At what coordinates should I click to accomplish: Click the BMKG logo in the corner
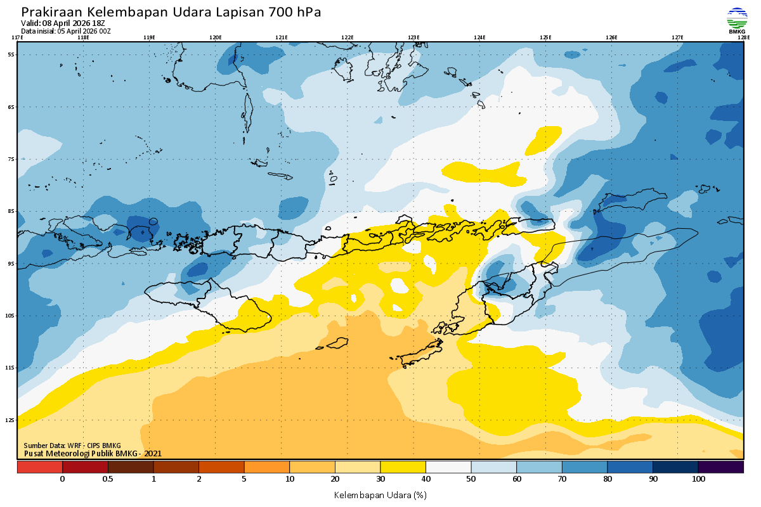point(736,20)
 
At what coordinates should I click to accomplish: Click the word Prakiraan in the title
point(50,12)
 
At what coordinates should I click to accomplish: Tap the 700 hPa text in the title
point(296,12)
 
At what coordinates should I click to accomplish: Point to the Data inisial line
point(66,31)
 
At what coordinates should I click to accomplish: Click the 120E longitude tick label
point(216,37)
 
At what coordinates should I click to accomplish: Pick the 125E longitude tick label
point(545,37)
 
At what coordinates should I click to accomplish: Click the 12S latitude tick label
point(11,420)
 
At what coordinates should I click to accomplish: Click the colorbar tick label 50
point(471,479)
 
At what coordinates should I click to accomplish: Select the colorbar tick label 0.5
point(108,479)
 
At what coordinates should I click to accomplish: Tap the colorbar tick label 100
point(698,479)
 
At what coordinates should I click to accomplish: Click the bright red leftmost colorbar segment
point(39,467)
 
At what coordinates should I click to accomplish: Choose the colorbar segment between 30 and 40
point(403,467)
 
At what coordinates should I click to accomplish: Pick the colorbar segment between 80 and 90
point(630,467)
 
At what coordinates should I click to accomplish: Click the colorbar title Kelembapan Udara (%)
point(380,494)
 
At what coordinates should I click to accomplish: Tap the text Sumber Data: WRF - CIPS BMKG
point(72,446)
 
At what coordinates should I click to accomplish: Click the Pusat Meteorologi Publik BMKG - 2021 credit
point(93,453)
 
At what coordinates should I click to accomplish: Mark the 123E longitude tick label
point(413,37)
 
